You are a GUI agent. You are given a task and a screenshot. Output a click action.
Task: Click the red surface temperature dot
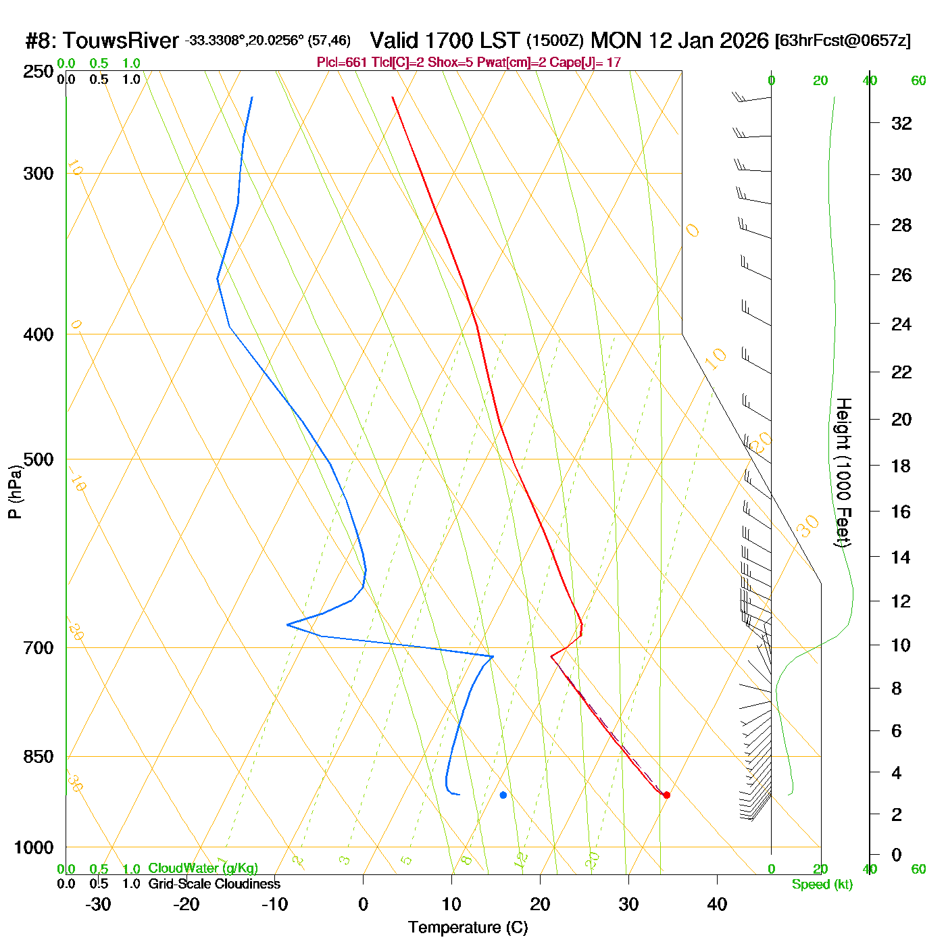click(666, 795)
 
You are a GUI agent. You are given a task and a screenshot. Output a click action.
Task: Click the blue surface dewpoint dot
click(503, 795)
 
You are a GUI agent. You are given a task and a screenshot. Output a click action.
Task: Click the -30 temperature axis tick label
click(98, 904)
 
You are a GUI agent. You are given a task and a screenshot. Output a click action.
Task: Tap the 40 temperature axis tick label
click(717, 904)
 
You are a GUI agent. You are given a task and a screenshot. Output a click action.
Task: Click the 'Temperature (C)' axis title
click(468, 928)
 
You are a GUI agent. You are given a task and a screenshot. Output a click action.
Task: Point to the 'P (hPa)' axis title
click(14, 491)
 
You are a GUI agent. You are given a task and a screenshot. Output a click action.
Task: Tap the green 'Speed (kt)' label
click(822, 885)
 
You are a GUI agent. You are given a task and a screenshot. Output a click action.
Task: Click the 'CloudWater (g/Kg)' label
click(203, 868)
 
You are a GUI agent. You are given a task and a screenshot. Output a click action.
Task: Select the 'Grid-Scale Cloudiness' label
click(214, 884)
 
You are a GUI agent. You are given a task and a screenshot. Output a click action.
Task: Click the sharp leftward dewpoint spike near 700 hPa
click(289, 624)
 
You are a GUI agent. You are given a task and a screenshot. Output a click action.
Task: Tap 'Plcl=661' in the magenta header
click(342, 63)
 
